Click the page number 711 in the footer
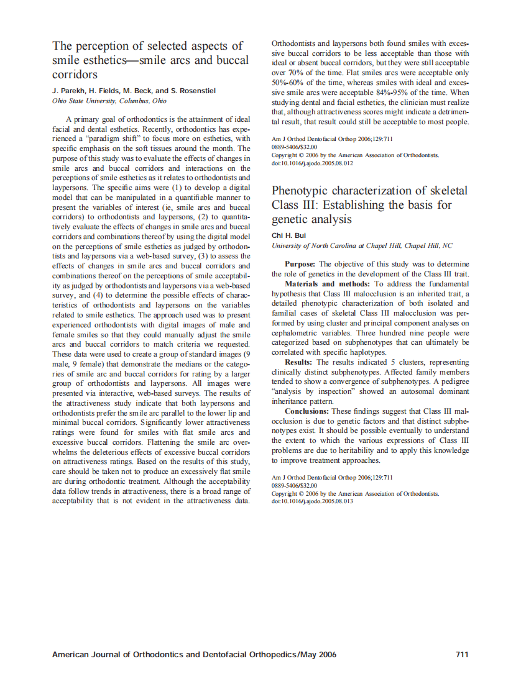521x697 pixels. [x=461, y=654]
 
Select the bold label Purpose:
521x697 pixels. [x=301, y=264]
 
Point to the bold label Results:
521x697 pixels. [x=299, y=362]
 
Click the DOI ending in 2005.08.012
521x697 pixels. [x=312, y=163]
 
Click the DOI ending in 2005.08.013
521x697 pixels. [x=312, y=501]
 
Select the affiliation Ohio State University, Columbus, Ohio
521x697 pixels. [x=109, y=101]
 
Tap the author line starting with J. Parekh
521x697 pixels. [x=134, y=91]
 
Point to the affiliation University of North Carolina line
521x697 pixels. [x=362, y=245]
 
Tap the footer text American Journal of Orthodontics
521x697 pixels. [x=118, y=654]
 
